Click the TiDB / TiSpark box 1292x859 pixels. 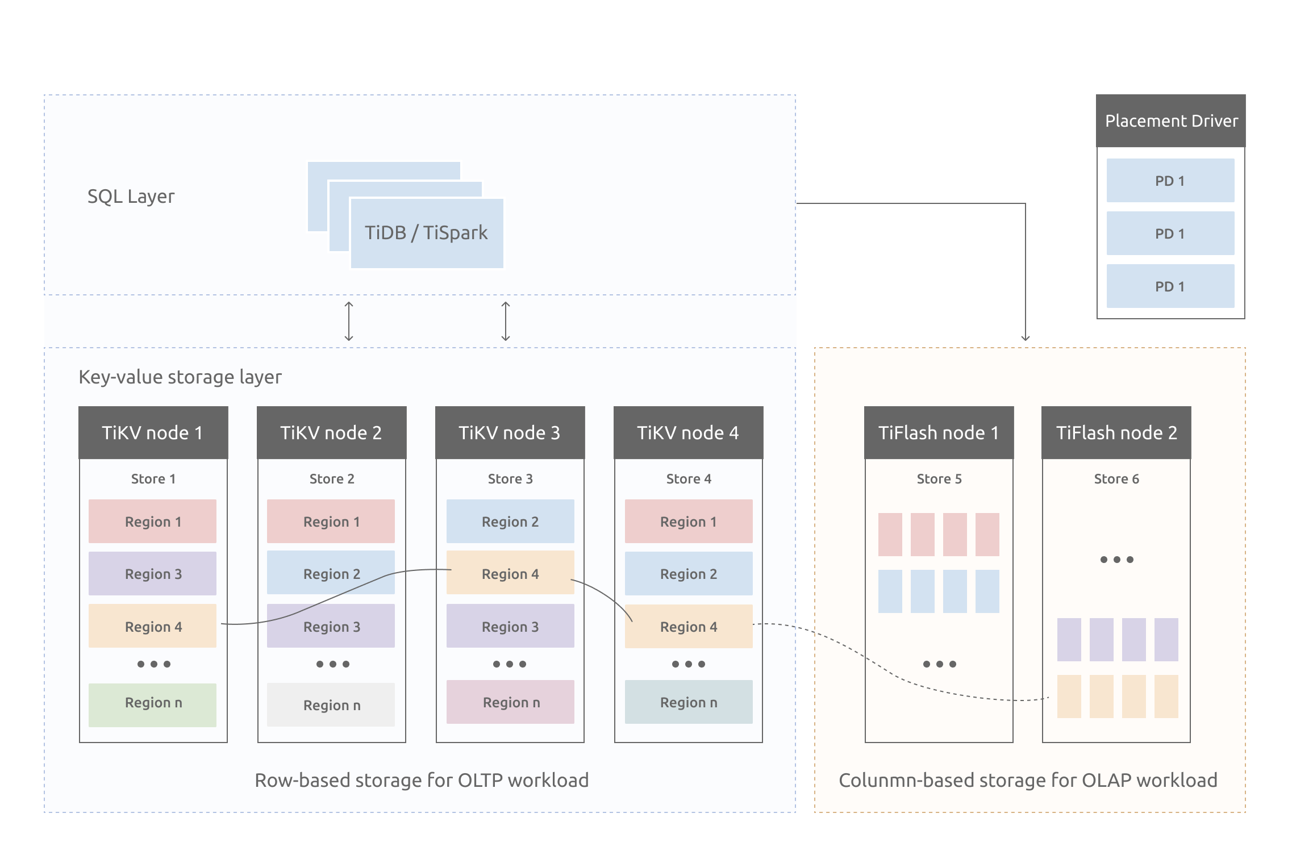click(x=426, y=233)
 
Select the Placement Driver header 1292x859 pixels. click(x=1170, y=121)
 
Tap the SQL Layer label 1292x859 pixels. click(x=131, y=197)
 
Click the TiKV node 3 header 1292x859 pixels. click(x=510, y=433)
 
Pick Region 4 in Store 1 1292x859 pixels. click(x=152, y=627)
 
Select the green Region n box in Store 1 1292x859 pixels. click(x=152, y=703)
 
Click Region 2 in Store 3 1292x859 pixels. click(x=510, y=522)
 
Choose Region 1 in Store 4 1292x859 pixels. click(x=688, y=522)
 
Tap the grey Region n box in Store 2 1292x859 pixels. click(x=331, y=705)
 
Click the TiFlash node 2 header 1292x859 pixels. click(x=1116, y=433)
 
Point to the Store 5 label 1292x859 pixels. click(x=939, y=479)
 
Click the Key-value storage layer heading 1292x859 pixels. click(x=180, y=377)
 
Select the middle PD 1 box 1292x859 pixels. click(x=1170, y=233)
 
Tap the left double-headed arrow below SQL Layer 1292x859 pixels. click(x=349, y=322)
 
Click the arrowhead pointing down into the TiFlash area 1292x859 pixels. click(x=1025, y=337)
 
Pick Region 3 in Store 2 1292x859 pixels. click(x=331, y=627)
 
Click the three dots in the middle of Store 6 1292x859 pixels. click(x=1116, y=560)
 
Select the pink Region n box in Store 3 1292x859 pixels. click(x=510, y=702)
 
